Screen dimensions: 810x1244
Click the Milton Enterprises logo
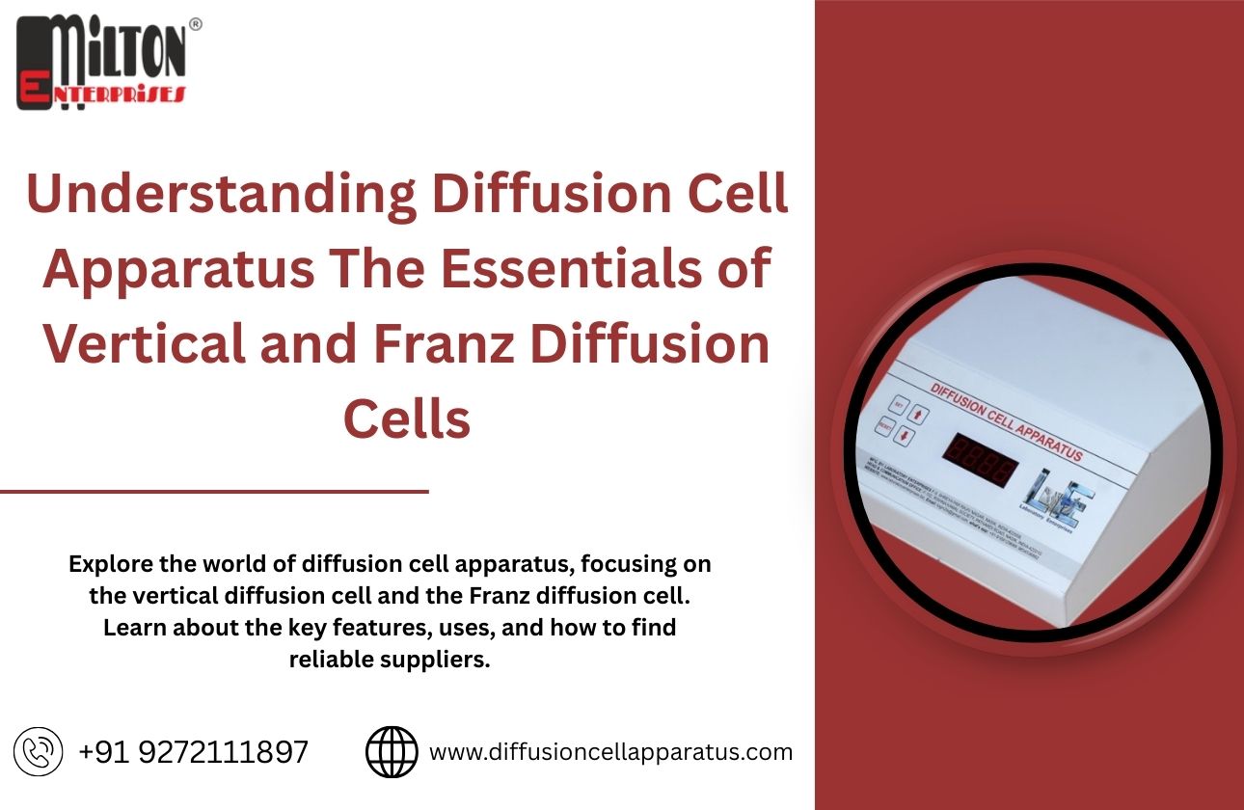tap(100, 62)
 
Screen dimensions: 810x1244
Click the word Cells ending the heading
tap(407, 419)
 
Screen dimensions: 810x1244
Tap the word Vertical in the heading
tap(144, 346)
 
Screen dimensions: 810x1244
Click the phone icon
tap(39, 752)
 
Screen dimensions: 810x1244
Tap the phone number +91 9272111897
tap(194, 752)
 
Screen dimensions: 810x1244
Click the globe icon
tap(392, 752)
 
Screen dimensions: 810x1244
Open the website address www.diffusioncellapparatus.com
tap(610, 752)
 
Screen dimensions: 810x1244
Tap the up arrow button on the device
tap(919, 415)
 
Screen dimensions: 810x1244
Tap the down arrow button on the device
tap(904, 437)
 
